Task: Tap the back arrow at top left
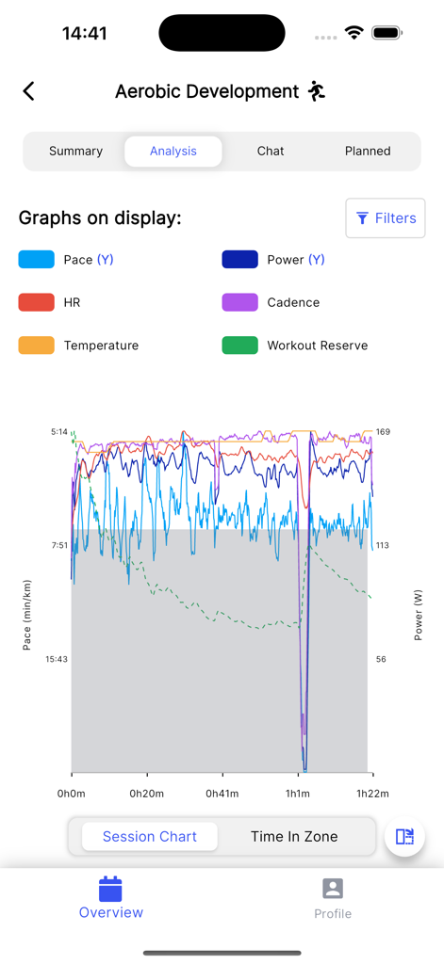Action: point(29,90)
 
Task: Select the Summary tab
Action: point(75,151)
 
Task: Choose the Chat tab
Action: point(271,151)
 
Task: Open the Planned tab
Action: point(368,151)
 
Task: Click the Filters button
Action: point(386,218)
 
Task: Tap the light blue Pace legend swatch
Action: point(36,260)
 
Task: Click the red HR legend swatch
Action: point(36,302)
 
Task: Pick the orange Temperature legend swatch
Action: point(36,345)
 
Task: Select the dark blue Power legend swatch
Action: point(239,260)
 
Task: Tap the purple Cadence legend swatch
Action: point(239,302)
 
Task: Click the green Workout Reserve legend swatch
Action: point(239,345)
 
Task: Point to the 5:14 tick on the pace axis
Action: point(58,432)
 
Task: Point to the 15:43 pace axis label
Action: point(57,659)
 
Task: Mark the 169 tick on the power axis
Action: point(383,432)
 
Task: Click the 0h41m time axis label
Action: point(222,794)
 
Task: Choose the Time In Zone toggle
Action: point(294,836)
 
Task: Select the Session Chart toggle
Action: point(150,836)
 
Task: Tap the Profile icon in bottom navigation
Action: point(333,889)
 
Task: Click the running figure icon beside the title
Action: point(317,91)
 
